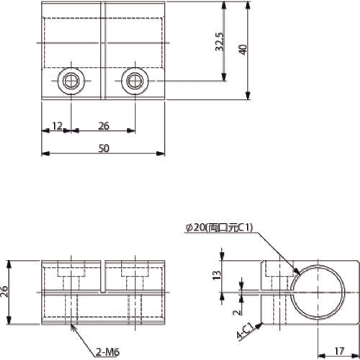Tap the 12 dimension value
tap(57, 127)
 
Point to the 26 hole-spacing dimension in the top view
tap(103, 127)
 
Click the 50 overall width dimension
tap(104, 148)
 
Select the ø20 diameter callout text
tap(220, 228)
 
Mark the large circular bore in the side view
tap(317, 294)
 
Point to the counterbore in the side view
tap(273, 271)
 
